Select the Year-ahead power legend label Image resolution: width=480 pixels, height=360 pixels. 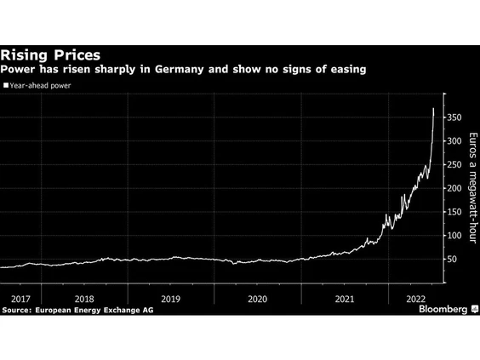pos(43,86)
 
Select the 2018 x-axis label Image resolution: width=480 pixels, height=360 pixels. pos(84,299)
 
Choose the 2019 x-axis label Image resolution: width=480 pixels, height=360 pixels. pos(171,299)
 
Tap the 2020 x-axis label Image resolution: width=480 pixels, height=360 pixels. pos(257,299)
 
